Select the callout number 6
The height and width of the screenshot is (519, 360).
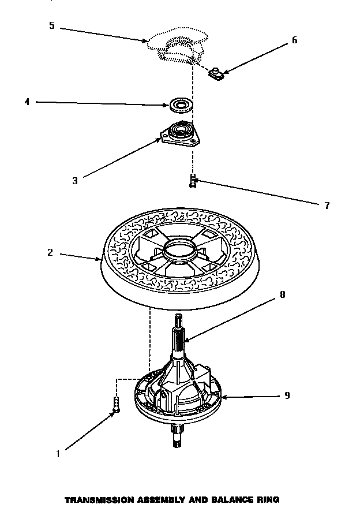[295, 40]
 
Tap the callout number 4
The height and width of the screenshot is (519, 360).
[27, 102]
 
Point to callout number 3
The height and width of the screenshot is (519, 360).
[74, 180]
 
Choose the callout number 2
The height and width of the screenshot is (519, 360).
[50, 253]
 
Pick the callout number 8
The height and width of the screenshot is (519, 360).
[282, 294]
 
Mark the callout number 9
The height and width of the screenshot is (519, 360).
[287, 395]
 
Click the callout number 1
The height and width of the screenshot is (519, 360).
[58, 454]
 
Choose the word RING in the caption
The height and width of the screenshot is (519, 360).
[266, 499]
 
